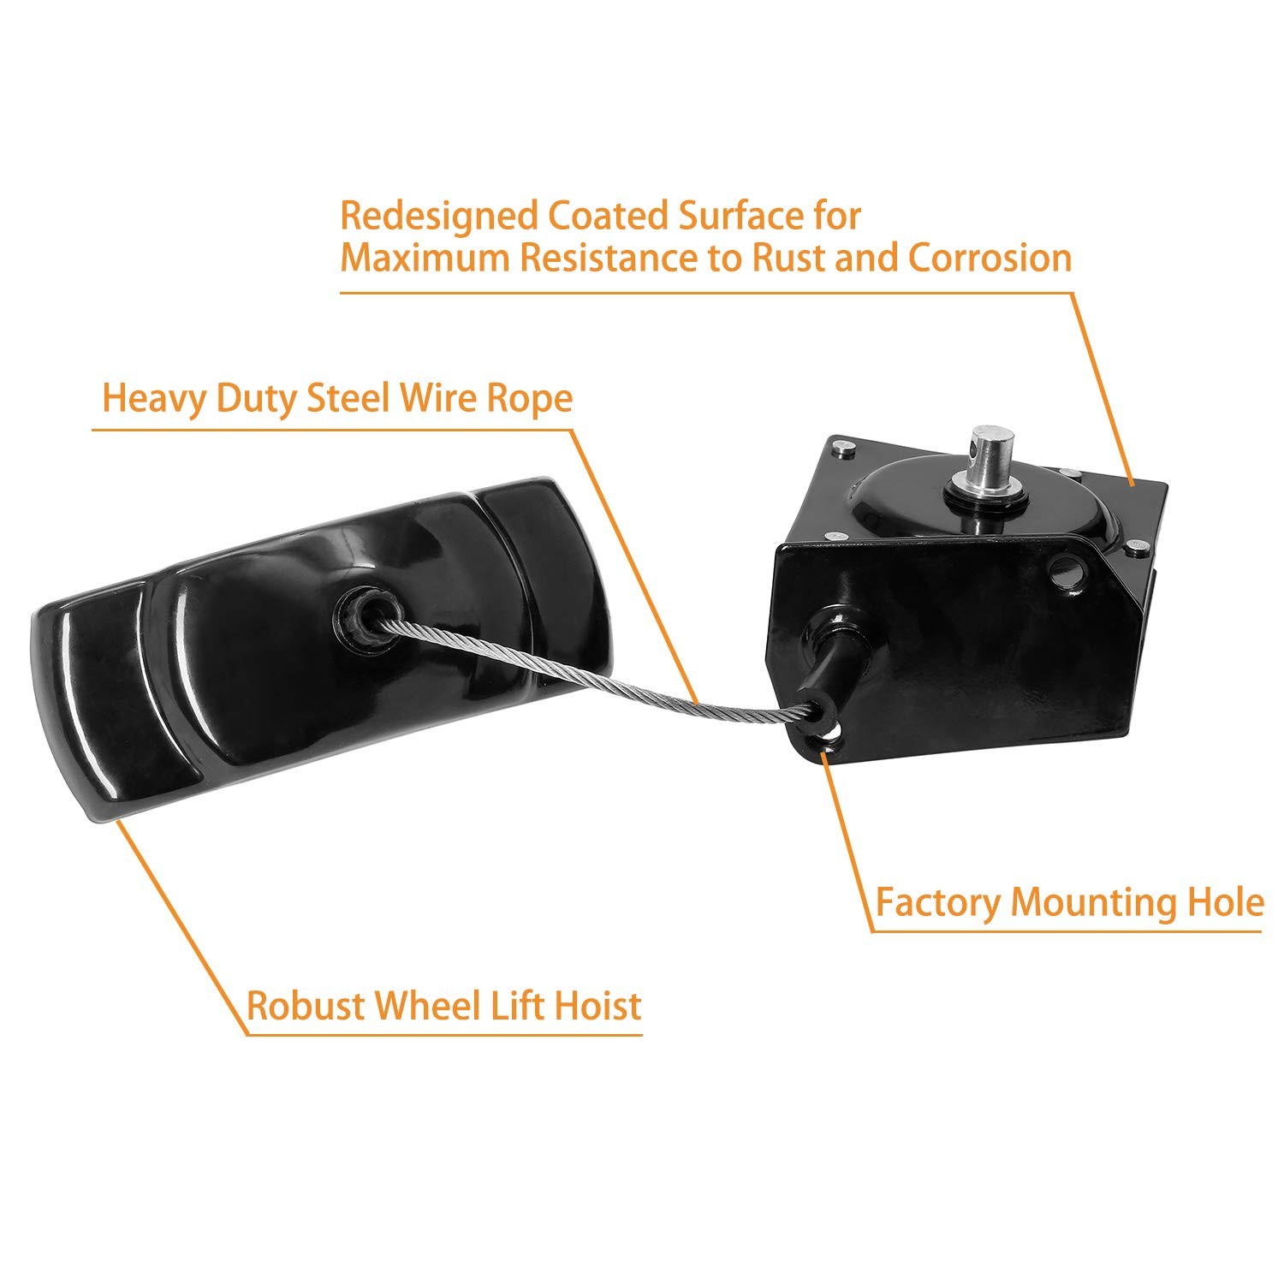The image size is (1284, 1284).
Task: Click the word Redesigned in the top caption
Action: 438,217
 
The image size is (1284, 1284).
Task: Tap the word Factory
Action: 936,903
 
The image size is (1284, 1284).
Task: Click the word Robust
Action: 306,1005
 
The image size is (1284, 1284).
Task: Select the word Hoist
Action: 598,1005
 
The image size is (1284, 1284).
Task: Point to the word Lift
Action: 518,1005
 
